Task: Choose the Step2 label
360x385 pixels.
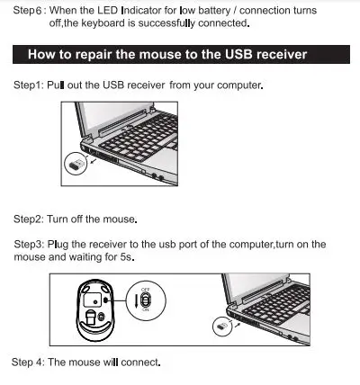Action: (29, 219)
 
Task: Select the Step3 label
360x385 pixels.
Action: (31, 244)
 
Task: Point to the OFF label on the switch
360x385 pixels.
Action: (145, 291)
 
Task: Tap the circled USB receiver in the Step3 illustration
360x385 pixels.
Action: (219, 326)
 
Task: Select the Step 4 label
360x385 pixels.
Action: (27, 363)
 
